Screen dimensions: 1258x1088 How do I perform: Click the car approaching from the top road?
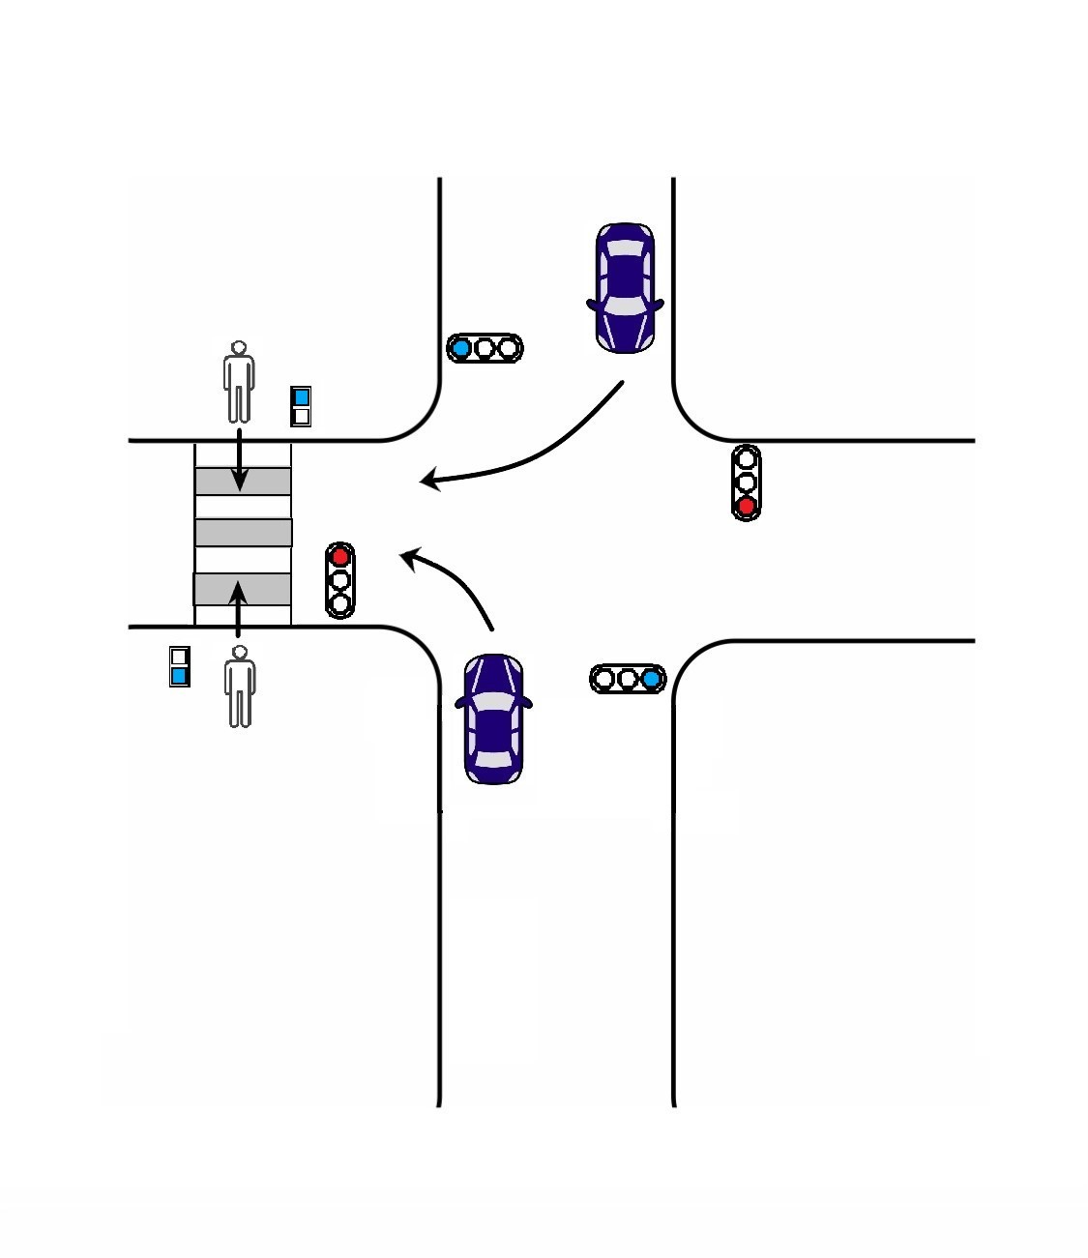coord(625,287)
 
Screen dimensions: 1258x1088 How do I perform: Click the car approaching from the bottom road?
coord(493,718)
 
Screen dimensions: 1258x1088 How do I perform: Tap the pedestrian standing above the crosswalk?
coord(239,382)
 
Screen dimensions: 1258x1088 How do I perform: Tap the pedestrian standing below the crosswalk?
coord(240,688)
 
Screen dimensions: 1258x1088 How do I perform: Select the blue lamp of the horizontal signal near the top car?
coord(461,348)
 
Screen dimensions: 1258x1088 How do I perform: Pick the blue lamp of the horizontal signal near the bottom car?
coord(652,679)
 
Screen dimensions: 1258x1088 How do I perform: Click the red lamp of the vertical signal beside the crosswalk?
coord(339,557)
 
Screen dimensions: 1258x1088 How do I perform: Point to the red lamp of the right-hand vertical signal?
coord(746,506)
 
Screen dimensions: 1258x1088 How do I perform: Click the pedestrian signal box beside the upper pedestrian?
coord(301,406)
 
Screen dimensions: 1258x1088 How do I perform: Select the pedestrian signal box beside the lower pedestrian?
coord(179,666)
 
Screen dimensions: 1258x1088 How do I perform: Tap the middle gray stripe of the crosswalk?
coord(243,533)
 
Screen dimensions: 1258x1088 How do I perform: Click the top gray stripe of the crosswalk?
coord(243,481)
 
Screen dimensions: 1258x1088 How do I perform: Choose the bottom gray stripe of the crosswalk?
coord(242,589)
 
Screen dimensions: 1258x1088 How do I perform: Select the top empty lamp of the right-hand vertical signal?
coord(746,459)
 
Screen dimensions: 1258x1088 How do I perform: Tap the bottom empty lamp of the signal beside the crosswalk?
coord(339,604)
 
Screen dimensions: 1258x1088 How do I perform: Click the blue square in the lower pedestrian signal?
coord(179,675)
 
